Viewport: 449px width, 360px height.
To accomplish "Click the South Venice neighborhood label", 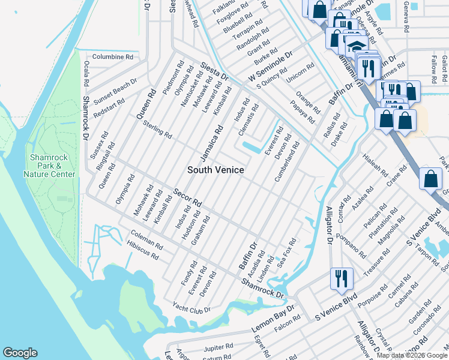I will click(x=215, y=170).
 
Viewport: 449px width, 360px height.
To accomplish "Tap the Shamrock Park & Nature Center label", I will click(x=49, y=166).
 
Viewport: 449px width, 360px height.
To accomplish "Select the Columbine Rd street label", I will click(x=112, y=56).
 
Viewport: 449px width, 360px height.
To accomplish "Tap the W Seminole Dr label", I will click(x=271, y=67).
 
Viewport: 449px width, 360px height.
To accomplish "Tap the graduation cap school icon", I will click(x=355, y=45).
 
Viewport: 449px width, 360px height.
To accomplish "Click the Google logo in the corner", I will click(x=20, y=353).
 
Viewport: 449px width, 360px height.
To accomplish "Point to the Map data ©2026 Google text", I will click(x=412, y=355).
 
